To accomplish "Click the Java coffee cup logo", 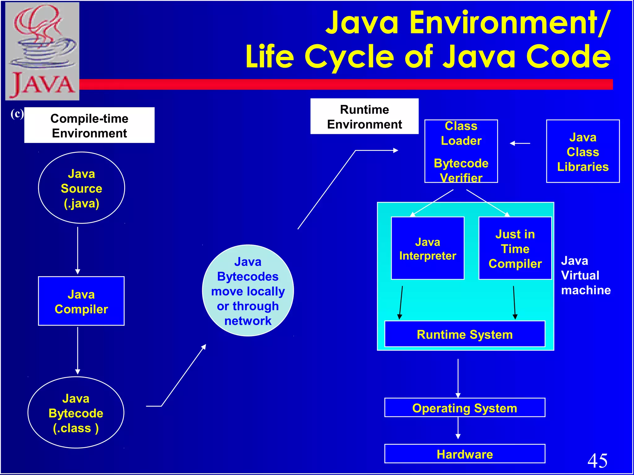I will pyautogui.click(x=42, y=51).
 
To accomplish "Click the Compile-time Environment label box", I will pyautogui.click(x=89, y=125).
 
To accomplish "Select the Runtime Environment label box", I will pyautogui.click(x=364, y=117).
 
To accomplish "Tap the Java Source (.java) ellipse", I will pyautogui.click(x=81, y=188).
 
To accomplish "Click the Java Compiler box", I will pyautogui.click(x=81, y=301).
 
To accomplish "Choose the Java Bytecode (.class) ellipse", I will pyautogui.click(x=76, y=413).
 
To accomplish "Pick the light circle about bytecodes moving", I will pyautogui.click(x=248, y=291).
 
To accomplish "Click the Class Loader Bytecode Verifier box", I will pyautogui.click(x=461, y=152).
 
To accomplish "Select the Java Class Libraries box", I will pyautogui.click(x=583, y=152).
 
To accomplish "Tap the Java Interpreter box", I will pyautogui.click(x=428, y=248).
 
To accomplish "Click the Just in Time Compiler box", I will pyautogui.click(x=515, y=248).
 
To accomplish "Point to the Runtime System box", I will pyautogui.click(x=464, y=334).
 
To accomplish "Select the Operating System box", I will pyautogui.click(x=464, y=408).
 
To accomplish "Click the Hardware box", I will pyautogui.click(x=464, y=454).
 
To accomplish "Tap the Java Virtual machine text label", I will pyautogui.click(x=585, y=275).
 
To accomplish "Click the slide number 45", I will pyautogui.click(x=597, y=460).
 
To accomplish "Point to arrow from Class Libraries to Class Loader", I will pyautogui.click(x=520, y=143).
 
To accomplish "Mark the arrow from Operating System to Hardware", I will pyautogui.click(x=458, y=428).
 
